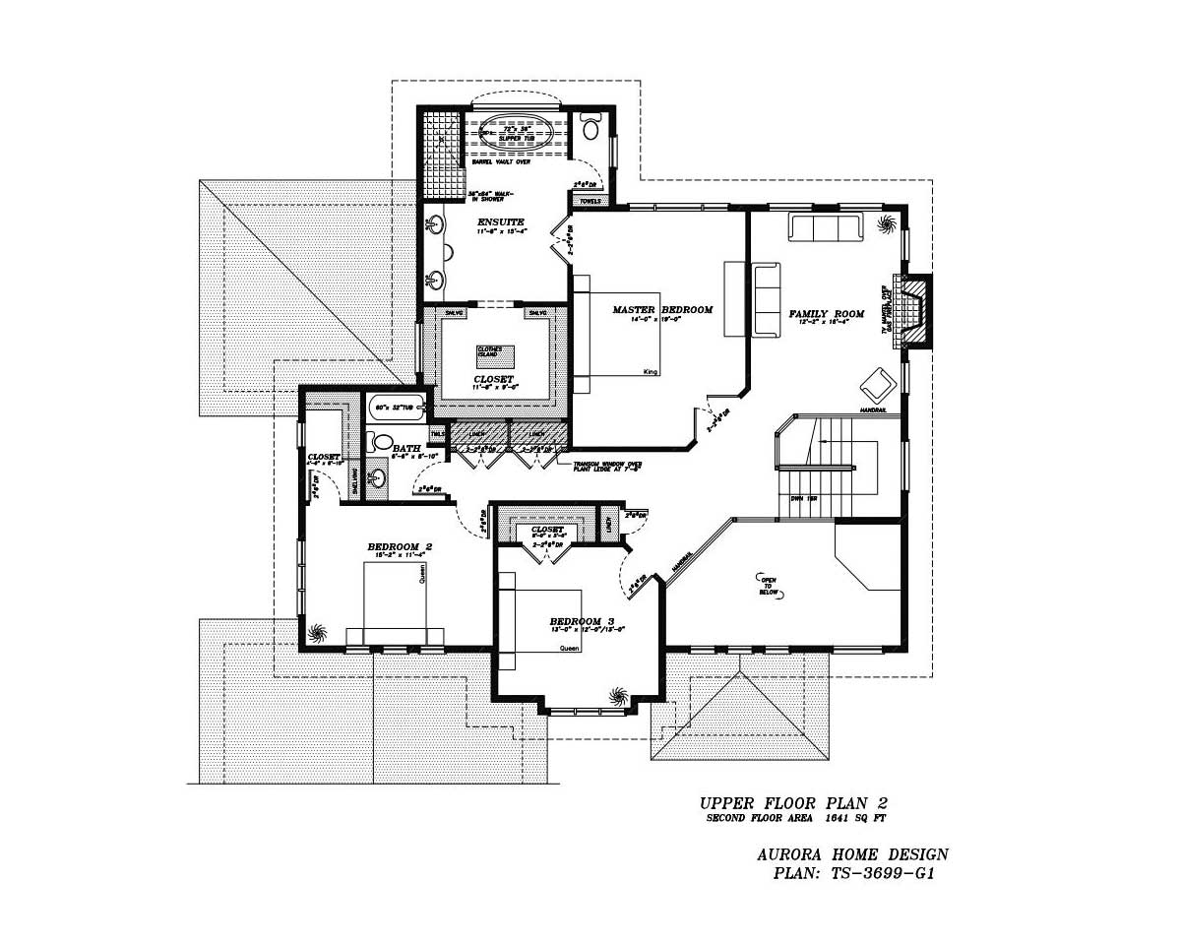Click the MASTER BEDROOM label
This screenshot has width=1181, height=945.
(x=662, y=310)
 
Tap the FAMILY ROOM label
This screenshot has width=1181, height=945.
(x=826, y=315)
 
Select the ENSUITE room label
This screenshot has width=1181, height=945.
(x=501, y=222)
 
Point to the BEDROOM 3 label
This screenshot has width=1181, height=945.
(x=582, y=622)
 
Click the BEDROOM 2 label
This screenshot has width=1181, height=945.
(x=400, y=547)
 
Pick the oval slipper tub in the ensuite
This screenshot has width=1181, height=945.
(x=515, y=133)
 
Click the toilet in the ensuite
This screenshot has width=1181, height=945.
(x=590, y=128)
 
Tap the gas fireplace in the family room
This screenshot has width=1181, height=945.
(x=914, y=310)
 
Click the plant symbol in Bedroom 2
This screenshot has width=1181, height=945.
(x=316, y=632)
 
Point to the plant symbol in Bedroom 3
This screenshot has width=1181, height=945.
(x=618, y=696)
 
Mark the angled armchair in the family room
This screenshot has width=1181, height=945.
(x=876, y=382)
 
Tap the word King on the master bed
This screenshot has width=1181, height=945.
(x=649, y=371)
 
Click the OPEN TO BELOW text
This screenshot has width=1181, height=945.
(x=769, y=587)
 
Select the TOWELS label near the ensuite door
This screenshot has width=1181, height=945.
(x=590, y=200)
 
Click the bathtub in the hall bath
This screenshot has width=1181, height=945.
(x=398, y=407)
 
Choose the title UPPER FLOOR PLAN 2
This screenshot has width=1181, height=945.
(x=793, y=804)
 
